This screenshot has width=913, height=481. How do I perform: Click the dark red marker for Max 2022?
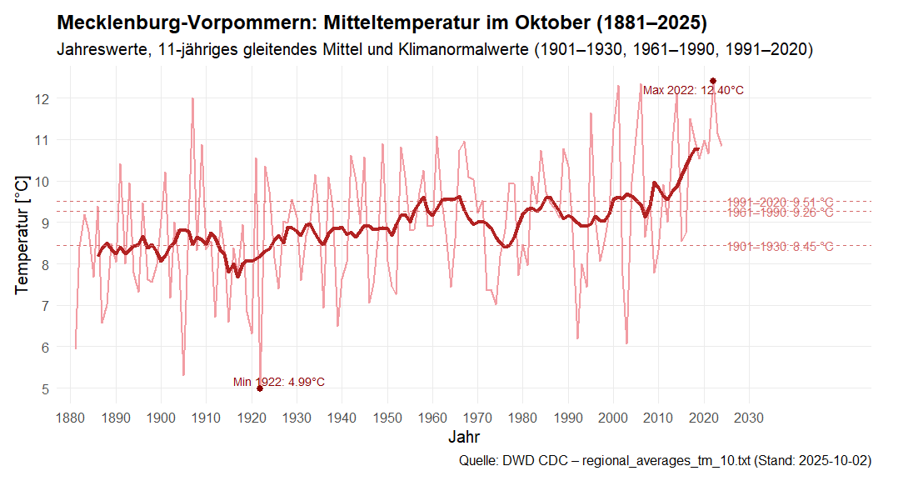713,81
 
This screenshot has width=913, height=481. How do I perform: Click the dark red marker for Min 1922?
260,388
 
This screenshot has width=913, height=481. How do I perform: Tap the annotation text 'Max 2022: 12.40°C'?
693,91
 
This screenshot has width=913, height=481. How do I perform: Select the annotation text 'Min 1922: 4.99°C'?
278,382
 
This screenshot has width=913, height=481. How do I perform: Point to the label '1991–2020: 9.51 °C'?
780,202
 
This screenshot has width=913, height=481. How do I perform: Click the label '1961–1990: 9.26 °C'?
780,213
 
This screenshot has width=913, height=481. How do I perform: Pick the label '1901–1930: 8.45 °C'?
780,246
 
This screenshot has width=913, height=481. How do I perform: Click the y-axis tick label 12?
42,98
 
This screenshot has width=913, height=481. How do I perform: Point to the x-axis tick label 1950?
387,417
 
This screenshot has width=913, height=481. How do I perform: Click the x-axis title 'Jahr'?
463,437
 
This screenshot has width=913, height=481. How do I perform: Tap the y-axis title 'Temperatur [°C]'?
22,234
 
